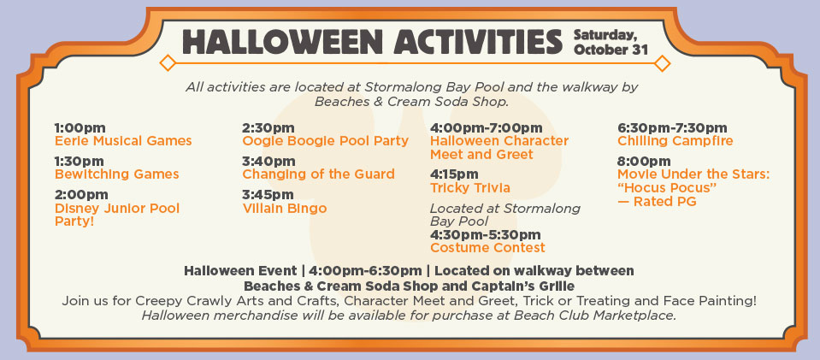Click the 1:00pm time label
coord(80,128)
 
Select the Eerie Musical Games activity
coord(123,141)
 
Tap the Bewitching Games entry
coord(116,174)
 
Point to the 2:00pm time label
coord(81,195)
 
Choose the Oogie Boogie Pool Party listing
coord(325,141)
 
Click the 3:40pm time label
coord(268,162)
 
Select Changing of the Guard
coord(318,174)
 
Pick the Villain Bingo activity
coord(284,209)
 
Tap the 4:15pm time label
coord(454,174)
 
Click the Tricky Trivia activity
coord(469,188)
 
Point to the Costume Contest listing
coord(487,247)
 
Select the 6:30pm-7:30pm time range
coord(672,128)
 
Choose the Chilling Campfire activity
coord(675,141)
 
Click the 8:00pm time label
coord(644,162)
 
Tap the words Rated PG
coord(664,202)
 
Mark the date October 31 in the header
coord(611,50)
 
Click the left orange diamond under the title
coord(168,63)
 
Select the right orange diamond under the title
coord(662,63)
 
